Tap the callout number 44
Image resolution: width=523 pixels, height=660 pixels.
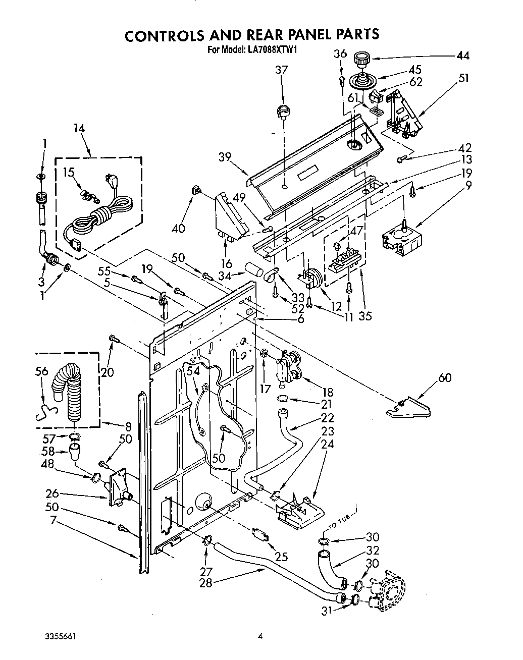(x=462, y=56)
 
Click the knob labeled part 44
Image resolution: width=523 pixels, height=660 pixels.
(x=362, y=59)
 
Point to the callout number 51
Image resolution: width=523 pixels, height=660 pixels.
(x=463, y=78)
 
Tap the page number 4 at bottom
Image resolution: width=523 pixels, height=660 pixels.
(x=260, y=636)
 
